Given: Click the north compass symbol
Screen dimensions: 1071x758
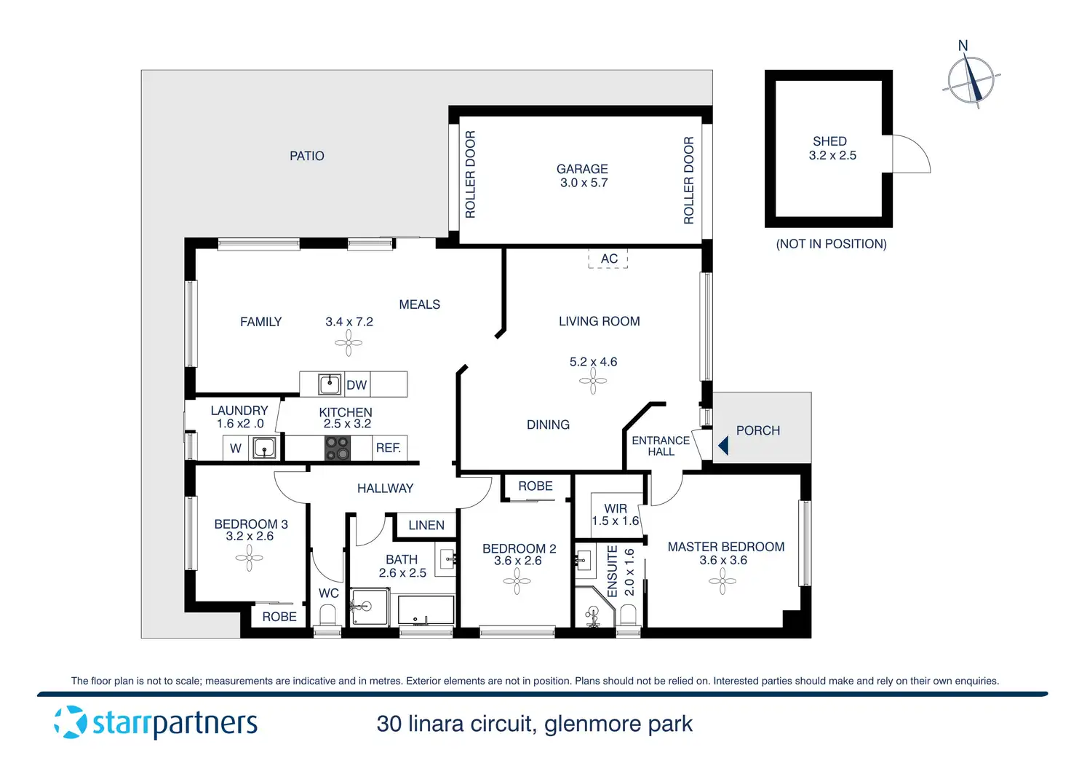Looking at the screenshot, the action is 971,80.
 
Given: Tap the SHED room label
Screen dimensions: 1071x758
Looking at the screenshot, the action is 829,141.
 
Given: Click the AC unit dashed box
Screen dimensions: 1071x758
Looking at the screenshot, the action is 608,258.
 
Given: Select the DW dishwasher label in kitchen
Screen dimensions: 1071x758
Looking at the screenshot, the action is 357,385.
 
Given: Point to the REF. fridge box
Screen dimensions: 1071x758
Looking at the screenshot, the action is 389,448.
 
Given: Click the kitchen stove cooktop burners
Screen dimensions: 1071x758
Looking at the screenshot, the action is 337,449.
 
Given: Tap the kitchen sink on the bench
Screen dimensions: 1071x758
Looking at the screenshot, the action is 330,384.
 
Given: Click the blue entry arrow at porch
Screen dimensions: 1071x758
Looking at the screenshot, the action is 723,445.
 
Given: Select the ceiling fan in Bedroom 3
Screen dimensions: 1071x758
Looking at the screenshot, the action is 250,558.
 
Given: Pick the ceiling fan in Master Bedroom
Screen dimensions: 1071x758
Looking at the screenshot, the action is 722,581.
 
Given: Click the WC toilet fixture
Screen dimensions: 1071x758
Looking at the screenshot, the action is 328,616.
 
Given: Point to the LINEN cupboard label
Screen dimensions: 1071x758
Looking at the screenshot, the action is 426,525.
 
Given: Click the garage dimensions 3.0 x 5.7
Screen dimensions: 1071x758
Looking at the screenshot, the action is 584,183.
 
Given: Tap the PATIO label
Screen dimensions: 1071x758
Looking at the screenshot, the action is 307,156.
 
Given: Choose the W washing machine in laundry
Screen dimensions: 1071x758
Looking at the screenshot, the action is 236,449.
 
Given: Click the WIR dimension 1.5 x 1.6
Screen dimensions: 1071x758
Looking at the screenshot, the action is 616,521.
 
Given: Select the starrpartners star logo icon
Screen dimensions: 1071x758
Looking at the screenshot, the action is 71,722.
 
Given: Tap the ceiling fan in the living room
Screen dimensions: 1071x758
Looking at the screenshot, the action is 593,381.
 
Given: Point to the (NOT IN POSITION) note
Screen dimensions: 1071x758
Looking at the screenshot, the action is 831,244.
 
